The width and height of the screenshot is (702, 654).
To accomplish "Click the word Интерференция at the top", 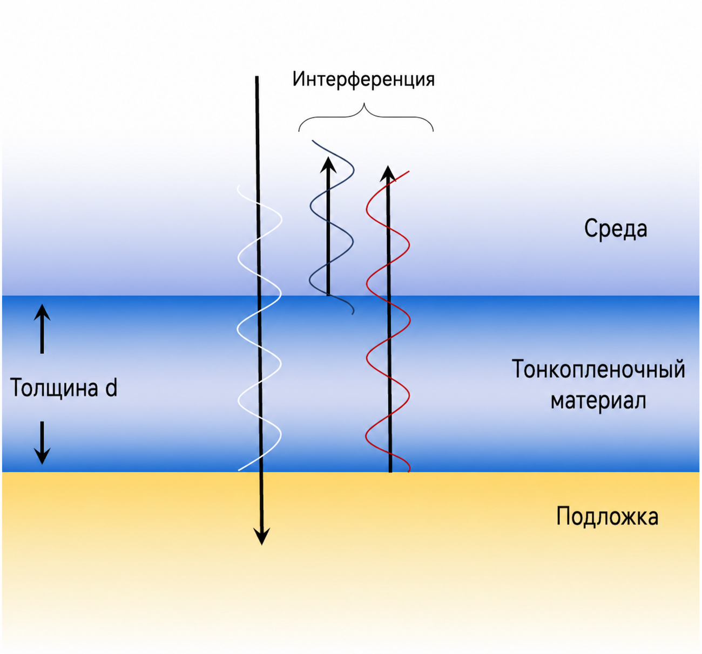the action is tap(363, 80).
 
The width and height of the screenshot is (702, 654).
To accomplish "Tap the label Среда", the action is tap(616, 229).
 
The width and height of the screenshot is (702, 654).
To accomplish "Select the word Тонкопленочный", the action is tap(598, 369).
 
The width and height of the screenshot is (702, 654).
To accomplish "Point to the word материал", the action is tap(598, 401).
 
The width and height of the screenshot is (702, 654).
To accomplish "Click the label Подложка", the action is tap(607, 516).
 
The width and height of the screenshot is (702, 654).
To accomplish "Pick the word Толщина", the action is tap(53, 388).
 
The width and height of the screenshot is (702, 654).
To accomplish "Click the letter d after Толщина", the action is tap(111, 387).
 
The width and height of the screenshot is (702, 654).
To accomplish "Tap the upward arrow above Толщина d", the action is tap(42, 329).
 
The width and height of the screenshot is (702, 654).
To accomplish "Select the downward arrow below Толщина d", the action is tap(42, 443).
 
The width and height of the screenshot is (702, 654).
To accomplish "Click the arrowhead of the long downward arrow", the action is tap(261, 536).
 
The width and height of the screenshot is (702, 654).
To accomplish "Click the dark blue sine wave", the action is tap(332, 226).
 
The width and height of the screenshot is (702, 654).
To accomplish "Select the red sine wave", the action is tap(388, 322).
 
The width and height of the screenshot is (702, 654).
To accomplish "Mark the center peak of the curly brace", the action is tap(364, 104).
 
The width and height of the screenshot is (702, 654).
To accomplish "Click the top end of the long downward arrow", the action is tap(256, 76).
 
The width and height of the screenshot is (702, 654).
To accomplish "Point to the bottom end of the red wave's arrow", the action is tap(390, 472).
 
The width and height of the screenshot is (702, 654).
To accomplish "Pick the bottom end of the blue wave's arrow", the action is tap(328, 295).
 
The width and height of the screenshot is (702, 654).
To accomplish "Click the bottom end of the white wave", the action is tap(239, 470).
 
